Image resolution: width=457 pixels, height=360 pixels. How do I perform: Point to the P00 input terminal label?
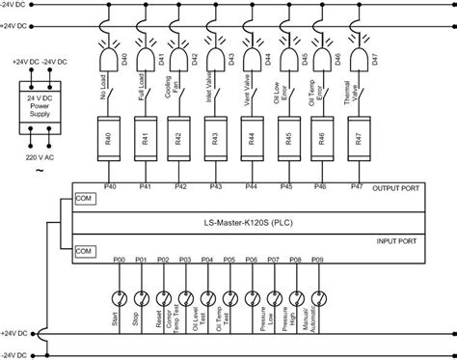pyautogui.click(x=119, y=260)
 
